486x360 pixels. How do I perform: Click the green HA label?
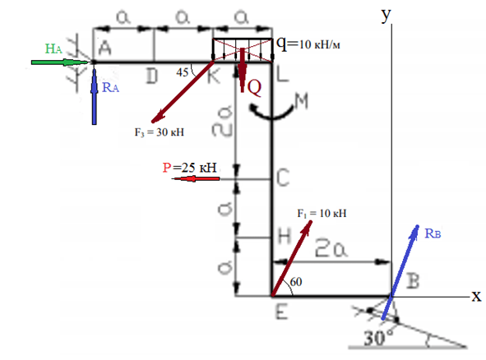coord(53,48)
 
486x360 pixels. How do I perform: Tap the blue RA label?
coord(110,87)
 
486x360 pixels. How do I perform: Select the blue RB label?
coord(433,233)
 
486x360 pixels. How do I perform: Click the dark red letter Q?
coord(254,88)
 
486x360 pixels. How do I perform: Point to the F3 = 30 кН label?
coord(160,132)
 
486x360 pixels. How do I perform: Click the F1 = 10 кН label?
coord(322,213)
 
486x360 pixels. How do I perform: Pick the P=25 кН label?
coord(189,168)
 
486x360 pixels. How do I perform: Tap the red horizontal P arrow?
coord(196,178)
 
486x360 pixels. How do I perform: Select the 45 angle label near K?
coord(183,72)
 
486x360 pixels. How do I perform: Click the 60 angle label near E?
coord(296,282)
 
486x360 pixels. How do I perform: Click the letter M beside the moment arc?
coord(301,101)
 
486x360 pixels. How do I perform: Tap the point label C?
coord(283,178)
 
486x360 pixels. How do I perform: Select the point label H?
coord(285,237)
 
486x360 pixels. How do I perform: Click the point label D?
coord(152,76)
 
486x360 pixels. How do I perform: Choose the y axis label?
coord(386,15)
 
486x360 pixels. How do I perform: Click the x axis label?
coord(477,296)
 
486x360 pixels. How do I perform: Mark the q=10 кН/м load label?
coord(308,44)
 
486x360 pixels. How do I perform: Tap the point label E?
coord(282,312)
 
